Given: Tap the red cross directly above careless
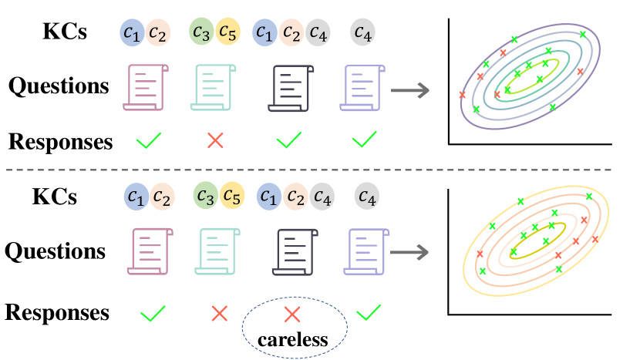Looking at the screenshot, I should click(x=291, y=314).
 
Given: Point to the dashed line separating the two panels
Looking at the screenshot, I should click(x=320, y=170).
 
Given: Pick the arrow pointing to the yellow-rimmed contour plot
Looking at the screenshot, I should click(x=412, y=251).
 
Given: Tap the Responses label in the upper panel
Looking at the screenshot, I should click(x=60, y=142).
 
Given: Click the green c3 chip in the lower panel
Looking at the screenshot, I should click(x=204, y=196).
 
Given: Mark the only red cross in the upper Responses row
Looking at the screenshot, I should click(x=215, y=140).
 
